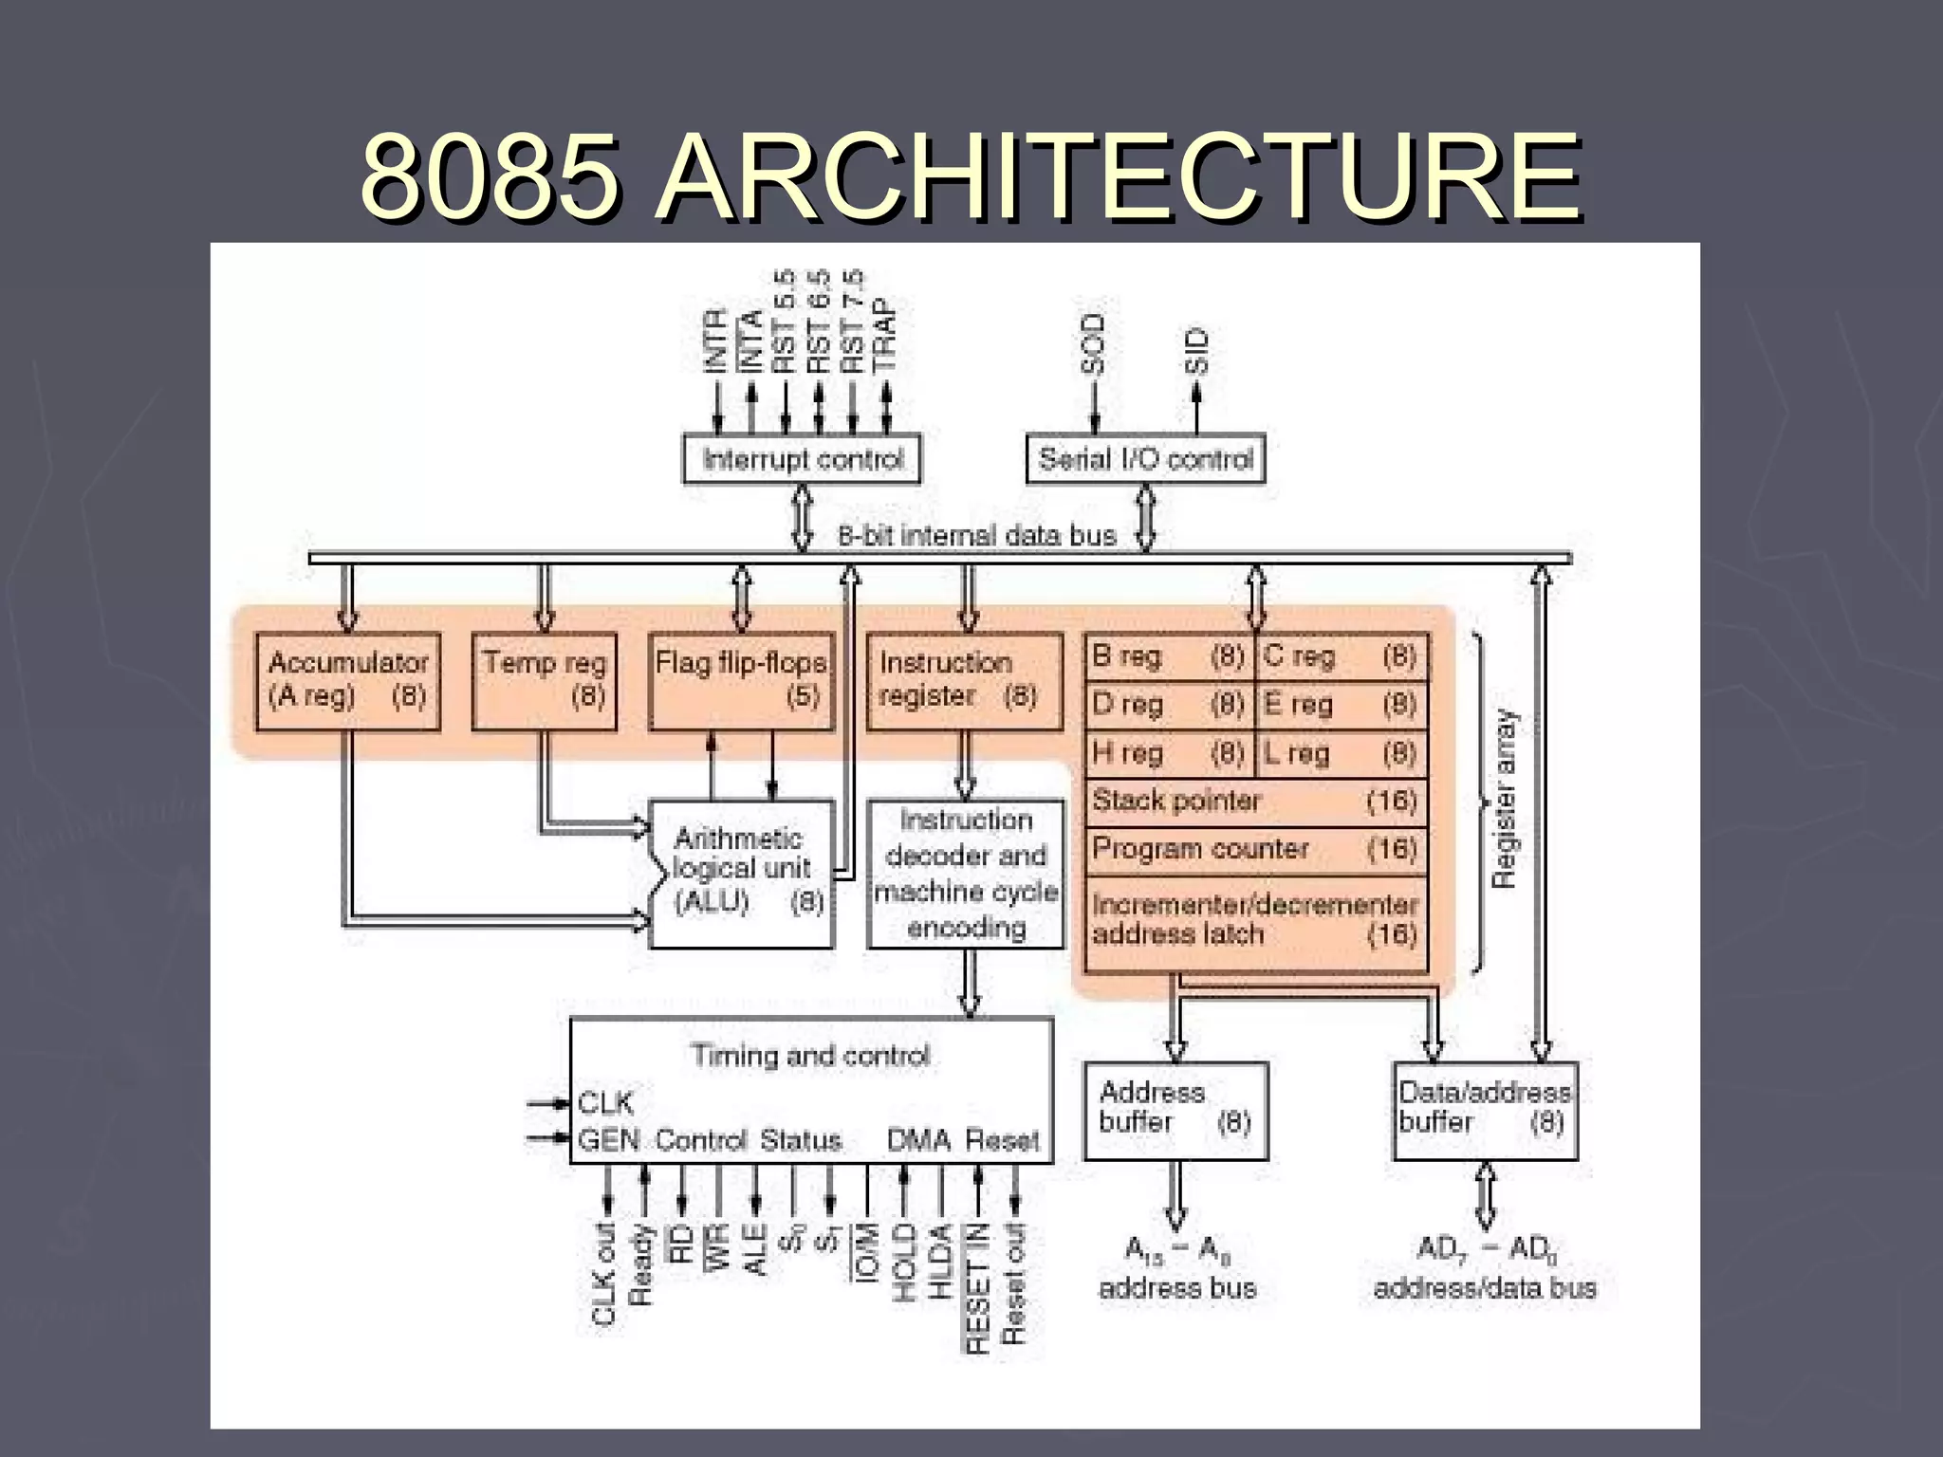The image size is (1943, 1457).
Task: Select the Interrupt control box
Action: click(x=802, y=459)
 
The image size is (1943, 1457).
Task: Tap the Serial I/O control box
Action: click(x=1145, y=459)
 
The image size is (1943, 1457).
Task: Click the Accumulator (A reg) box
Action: click(x=348, y=680)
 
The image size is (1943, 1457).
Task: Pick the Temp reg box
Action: click(x=544, y=680)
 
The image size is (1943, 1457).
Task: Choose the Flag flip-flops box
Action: click(x=741, y=680)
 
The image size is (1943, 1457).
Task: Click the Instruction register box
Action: click(x=964, y=680)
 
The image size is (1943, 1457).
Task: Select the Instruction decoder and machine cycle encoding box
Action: click(x=966, y=873)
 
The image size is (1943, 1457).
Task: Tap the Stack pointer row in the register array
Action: click(x=1255, y=802)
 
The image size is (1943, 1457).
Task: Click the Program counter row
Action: click(x=1255, y=849)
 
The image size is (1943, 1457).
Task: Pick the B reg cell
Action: click(x=1169, y=656)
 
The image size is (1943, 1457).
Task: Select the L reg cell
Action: click(x=1341, y=753)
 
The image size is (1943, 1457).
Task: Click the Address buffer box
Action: click(x=1175, y=1110)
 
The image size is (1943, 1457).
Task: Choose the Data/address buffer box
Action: click(x=1485, y=1110)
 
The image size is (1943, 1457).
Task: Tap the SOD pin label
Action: click(x=1094, y=343)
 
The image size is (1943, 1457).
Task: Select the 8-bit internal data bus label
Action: click(x=976, y=536)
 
